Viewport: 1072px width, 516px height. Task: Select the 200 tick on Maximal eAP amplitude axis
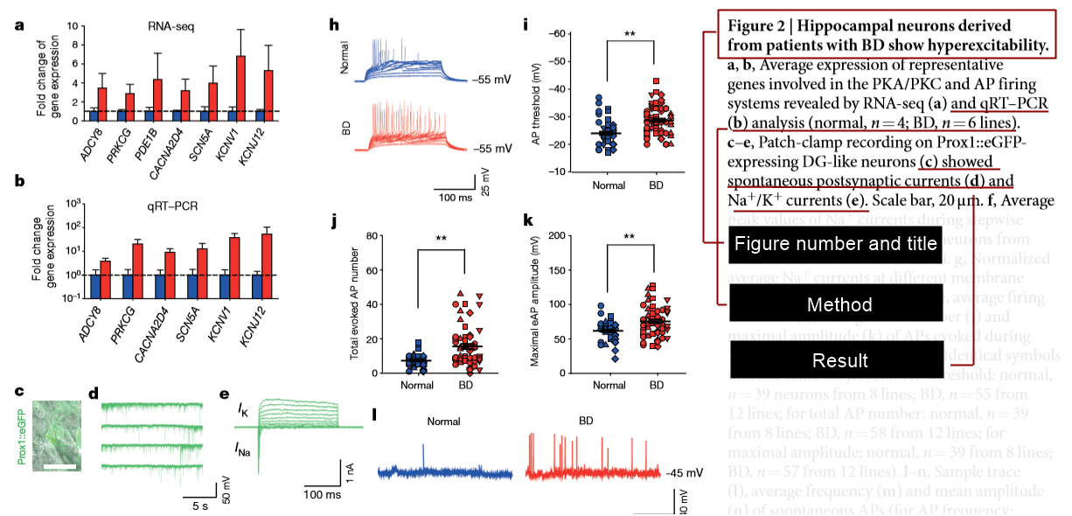tap(551, 236)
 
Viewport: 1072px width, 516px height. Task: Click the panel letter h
tap(334, 24)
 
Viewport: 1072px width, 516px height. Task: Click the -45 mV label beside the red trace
tap(684, 473)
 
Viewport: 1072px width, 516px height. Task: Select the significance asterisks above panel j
tap(441, 238)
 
